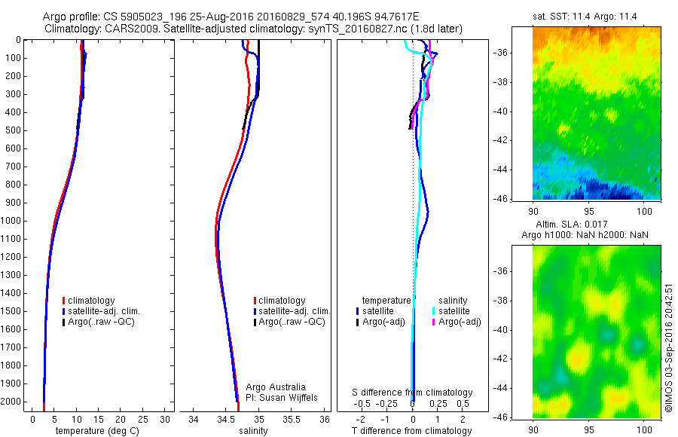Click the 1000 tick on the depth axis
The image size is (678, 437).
pos(12,221)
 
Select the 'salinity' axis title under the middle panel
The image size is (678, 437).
pos(252,431)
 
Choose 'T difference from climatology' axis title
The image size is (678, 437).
pos(413,431)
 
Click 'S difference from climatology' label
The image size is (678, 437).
pos(413,393)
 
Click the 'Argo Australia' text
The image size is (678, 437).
pos(276,387)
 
